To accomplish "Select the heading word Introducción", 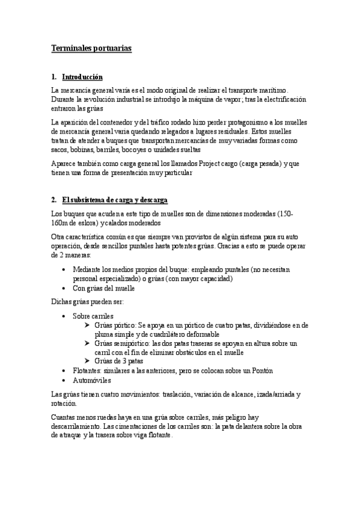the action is (x=82, y=77).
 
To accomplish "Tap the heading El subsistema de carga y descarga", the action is (x=115, y=200).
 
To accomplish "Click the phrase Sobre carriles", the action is (x=93, y=315).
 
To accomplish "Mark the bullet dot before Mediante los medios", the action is (x=64, y=270).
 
